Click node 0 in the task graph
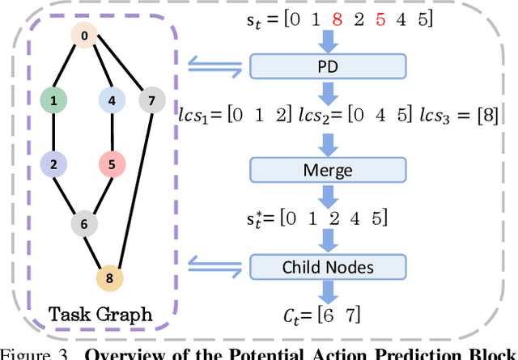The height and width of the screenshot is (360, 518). pyautogui.click(x=84, y=36)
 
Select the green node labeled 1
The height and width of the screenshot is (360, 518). pyautogui.click(x=53, y=101)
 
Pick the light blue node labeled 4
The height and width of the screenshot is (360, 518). pyautogui.click(x=111, y=101)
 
